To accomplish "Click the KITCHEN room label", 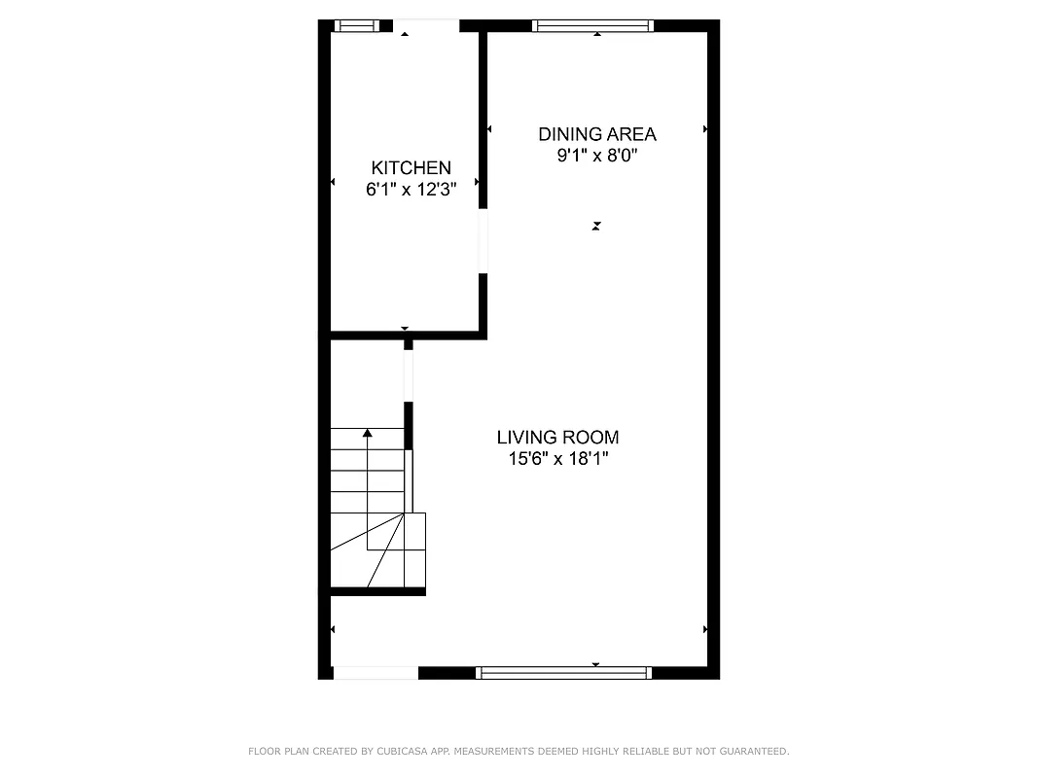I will tap(411, 168).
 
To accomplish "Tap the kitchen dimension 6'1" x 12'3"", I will tap(411, 190).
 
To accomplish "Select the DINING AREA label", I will tap(596, 134).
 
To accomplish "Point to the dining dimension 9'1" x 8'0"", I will tap(596, 156).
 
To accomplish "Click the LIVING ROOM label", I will tap(557, 438).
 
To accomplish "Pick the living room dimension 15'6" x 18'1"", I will tap(557, 459).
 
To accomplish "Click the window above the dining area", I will tap(591, 26).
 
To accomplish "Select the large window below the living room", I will tap(563, 672).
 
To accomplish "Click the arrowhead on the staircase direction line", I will tap(368, 433).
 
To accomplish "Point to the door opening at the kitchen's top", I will tap(425, 26).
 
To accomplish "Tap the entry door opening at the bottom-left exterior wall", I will tap(376, 672).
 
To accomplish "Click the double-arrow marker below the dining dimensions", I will tap(596, 226).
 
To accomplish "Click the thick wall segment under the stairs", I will tap(378, 590).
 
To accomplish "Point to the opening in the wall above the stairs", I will tap(409, 374).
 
